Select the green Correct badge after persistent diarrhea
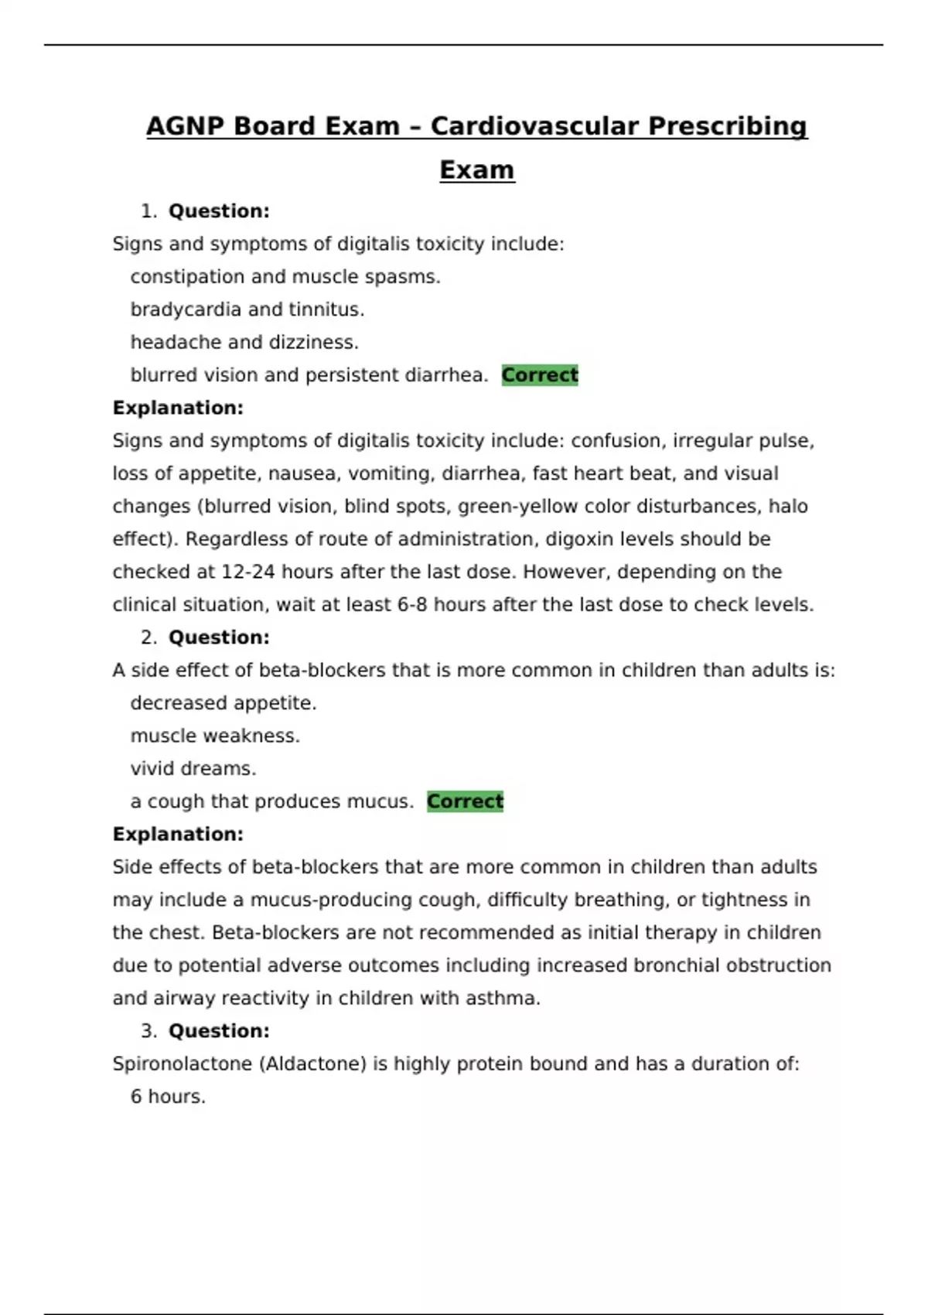(x=539, y=375)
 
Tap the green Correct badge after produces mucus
(x=465, y=801)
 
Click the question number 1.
(x=148, y=211)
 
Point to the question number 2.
(x=148, y=637)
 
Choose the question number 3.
(x=148, y=1031)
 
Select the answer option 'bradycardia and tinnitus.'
(x=247, y=309)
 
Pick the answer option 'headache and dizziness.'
(x=244, y=342)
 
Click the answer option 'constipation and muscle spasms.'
(x=285, y=277)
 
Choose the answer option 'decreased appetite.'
(x=223, y=703)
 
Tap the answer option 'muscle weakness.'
(x=214, y=736)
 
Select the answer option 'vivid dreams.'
(x=193, y=769)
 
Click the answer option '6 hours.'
(x=168, y=1097)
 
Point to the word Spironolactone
(x=182, y=1064)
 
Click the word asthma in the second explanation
(x=502, y=999)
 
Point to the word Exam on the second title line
(x=476, y=170)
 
